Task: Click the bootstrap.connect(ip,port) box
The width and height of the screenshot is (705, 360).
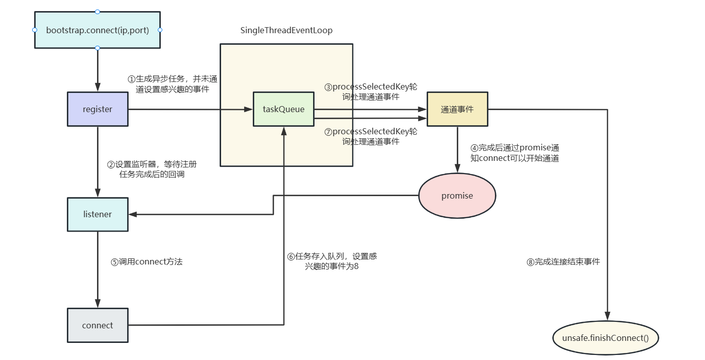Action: pyautogui.click(x=97, y=30)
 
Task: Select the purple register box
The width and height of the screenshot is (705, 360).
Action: pyautogui.click(x=97, y=109)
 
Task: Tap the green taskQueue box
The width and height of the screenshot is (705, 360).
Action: pyautogui.click(x=283, y=109)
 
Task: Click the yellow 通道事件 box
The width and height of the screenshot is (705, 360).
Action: pyautogui.click(x=457, y=109)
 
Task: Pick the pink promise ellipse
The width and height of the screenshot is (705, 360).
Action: pyautogui.click(x=457, y=196)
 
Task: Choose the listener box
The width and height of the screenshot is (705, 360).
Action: pyautogui.click(x=97, y=214)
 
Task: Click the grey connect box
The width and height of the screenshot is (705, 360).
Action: pyautogui.click(x=97, y=325)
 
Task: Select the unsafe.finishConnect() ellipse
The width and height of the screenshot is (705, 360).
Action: pyautogui.click(x=605, y=338)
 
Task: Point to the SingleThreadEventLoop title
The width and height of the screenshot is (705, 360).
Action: pyautogui.click(x=286, y=31)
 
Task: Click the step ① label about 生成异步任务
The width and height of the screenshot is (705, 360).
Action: pyautogui.click(x=172, y=84)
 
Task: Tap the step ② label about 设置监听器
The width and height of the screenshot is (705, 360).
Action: pyautogui.click(x=152, y=169)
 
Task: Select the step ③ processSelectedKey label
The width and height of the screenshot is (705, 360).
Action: pyautogui.click(x=371, y=92)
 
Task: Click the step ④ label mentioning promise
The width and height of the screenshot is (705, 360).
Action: pyautogui.click(x=515, y=153)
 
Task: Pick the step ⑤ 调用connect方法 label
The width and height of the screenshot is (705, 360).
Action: pyautogui.click(x=146, y=261)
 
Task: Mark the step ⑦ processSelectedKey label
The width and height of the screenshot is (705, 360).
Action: pyautogui.click(x=371, y=136)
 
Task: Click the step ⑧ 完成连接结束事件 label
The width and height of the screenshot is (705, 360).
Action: pyautogui.click(x=563, y=261)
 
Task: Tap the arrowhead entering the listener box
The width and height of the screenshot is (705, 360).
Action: pyautogui.click(x=133, y=214)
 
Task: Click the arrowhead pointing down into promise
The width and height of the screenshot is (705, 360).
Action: pyautogui.click(x=457, y=169)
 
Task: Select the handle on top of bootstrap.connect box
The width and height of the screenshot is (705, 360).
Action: pyautogui.click(x=97, y=11)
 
